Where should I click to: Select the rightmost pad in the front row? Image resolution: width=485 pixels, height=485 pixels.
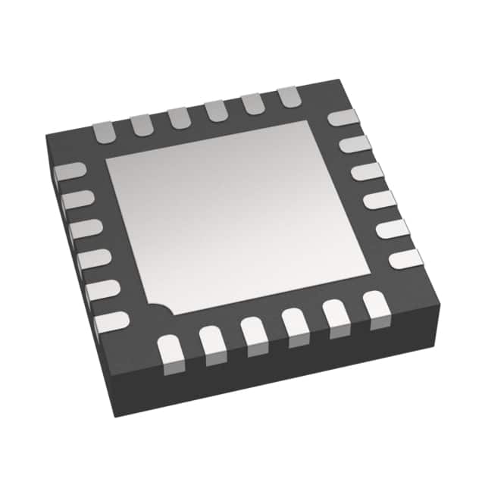click(374, 306)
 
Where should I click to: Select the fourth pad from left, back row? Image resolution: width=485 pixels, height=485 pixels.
click(216, 109)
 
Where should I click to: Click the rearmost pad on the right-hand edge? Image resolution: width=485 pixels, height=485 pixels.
click(343, 118)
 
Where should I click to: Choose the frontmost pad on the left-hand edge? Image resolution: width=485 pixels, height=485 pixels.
click(111, 321)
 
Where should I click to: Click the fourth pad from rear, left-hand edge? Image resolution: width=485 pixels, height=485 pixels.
click(92, 259)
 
